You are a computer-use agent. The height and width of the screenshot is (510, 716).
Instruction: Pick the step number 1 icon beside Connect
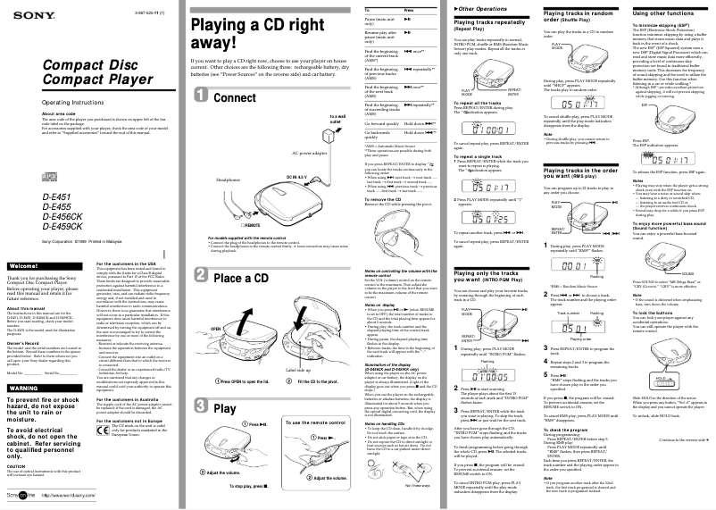(x=202, y=97)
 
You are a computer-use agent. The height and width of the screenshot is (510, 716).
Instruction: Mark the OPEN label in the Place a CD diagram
(x=215, y=329)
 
